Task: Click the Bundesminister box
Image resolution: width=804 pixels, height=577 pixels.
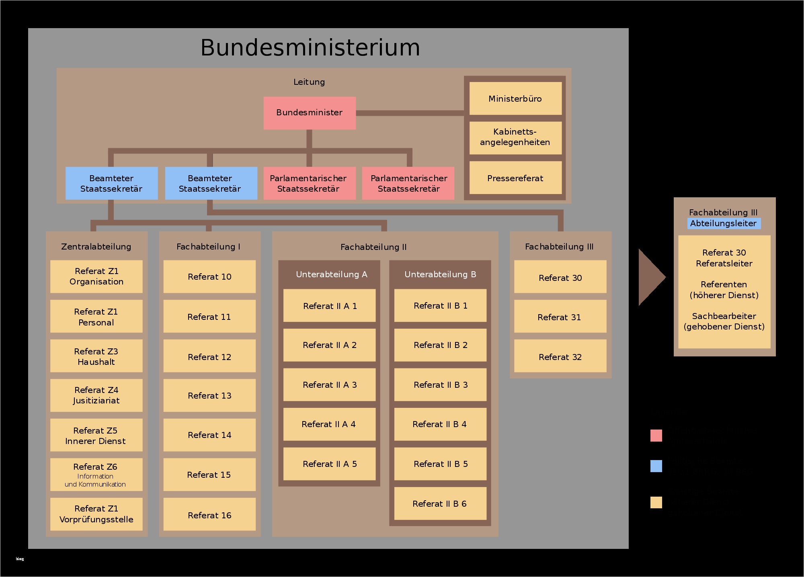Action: tap(309, 113)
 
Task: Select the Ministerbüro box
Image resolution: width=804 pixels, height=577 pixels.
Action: tap(515, 98)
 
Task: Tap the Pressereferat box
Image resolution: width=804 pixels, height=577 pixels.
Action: tap(515, 178)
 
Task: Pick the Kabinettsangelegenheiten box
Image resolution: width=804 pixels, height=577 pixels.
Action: tap(515, 137)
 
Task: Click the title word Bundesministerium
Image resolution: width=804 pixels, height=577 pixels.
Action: tap(310, 47)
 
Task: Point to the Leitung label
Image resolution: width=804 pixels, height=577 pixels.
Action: tap(309, 82)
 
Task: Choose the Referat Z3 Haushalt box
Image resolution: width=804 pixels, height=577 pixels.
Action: tap(96, 356)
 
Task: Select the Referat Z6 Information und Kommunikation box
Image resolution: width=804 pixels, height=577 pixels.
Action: tap(96, 475)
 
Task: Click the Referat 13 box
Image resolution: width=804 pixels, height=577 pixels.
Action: tap(209, 395)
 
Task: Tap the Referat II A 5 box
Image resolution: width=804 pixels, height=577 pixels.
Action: tap(329, 464)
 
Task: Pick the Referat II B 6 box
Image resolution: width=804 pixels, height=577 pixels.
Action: tap(440, 503)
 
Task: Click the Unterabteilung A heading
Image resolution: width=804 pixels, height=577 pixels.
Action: tap(331, 274)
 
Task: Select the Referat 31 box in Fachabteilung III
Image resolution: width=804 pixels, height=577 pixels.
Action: tap(560, 317)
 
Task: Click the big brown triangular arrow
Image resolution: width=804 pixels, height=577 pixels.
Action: tap(650, 277)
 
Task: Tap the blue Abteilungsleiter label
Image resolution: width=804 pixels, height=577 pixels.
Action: tap(723, 223)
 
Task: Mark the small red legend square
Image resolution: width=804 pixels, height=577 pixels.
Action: tap(656, 436)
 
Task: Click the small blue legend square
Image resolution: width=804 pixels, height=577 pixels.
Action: tap(656, 466)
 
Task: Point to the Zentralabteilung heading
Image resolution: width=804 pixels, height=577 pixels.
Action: tap(96, 246)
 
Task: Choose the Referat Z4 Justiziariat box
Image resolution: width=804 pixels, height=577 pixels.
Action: tap(96, 395)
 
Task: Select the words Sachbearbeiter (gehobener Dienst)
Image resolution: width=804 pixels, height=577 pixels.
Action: tap(724, 321)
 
